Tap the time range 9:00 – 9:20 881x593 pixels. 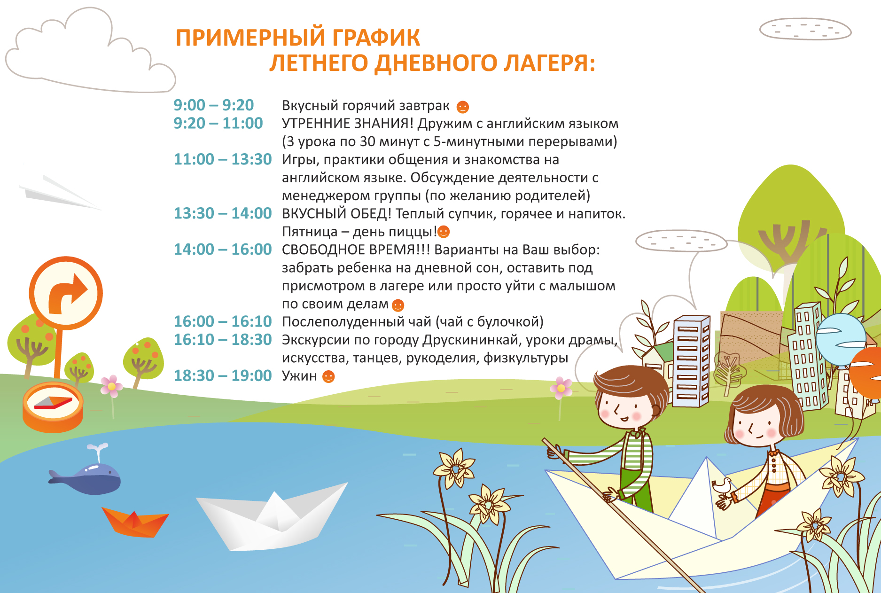[214, 105]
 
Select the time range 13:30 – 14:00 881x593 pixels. [223, 213]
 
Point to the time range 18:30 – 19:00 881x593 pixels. [223, 376]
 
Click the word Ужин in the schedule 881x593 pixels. [299, 376]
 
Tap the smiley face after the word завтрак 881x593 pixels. [463, 107]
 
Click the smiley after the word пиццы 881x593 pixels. [444, 232]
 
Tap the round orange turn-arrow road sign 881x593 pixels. [66, 293]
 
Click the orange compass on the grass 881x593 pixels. [53, 406]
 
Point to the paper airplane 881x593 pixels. [59, 193]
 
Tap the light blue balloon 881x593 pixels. [841, 339]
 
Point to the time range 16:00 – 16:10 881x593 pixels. [223, 322]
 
